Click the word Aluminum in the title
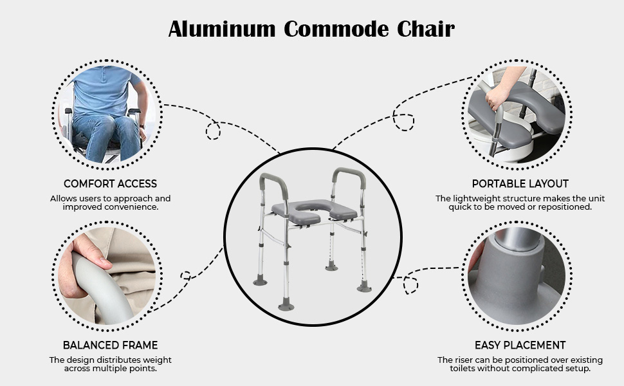[x=222, y=29]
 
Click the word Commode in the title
[x=336, y=29]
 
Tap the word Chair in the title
[x=426, y=29]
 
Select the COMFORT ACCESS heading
[x=110, y=184]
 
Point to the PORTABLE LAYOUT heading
[x=520, y=184]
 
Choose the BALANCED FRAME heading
[x=110, y=345]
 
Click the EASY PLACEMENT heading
[x=520, y=345]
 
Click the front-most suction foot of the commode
[x=286, y=306]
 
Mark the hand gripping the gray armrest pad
[x=497, y=95]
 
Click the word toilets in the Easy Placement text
[x=463, y=369]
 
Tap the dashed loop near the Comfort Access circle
[x=213, y=131]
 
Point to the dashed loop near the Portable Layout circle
[x=403, y=122]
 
